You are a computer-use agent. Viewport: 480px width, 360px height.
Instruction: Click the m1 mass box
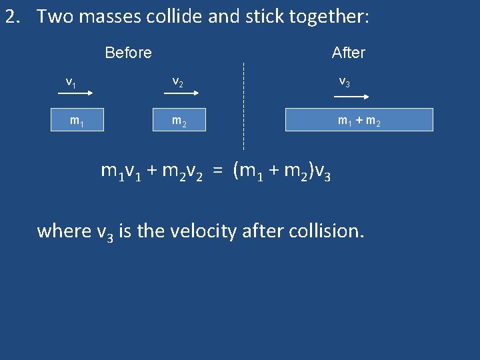77,120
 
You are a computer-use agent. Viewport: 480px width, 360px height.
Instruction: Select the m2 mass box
179,120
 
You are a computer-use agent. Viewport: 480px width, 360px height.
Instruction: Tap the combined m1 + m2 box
359,119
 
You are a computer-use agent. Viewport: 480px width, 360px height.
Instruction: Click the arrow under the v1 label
77,96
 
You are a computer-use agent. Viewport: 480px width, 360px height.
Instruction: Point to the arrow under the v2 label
179,96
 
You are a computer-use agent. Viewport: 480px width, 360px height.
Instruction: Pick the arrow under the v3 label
345,95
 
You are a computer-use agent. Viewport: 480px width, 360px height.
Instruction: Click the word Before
128,53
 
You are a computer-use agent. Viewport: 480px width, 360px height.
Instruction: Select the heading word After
349,53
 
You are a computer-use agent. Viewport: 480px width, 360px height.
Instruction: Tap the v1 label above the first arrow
71,82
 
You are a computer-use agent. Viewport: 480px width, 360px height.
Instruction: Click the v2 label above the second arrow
178,82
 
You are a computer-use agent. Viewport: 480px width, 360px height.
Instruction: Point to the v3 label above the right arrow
345,82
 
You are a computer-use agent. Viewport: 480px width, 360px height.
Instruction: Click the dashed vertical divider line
243,107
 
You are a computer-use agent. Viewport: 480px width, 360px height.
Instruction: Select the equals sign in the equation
217,171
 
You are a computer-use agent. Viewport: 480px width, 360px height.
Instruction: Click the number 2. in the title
13,17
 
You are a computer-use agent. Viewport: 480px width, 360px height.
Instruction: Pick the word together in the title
327,17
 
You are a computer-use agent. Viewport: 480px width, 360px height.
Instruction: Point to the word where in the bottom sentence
64,231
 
